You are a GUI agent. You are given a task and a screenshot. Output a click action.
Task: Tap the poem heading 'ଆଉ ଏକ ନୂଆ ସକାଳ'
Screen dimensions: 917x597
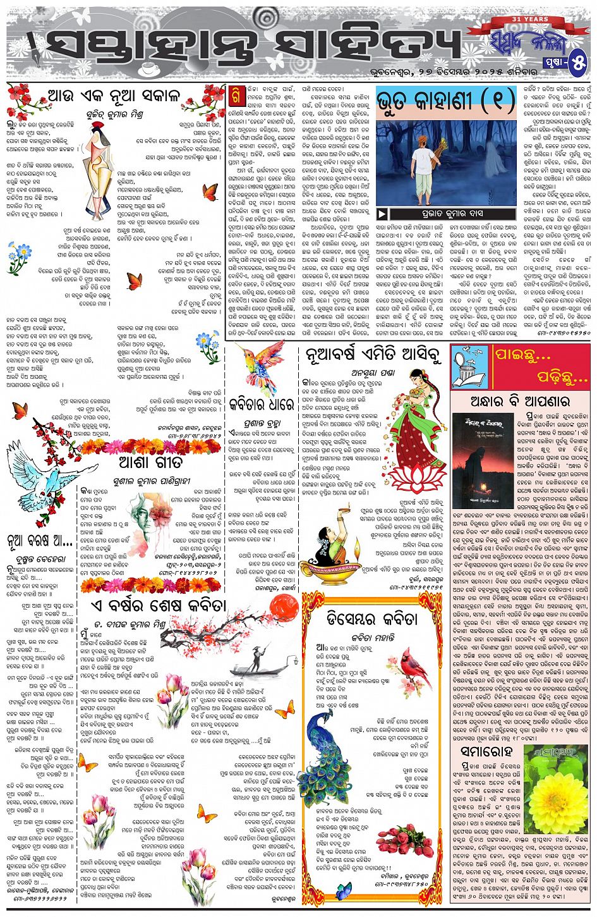point(114,96)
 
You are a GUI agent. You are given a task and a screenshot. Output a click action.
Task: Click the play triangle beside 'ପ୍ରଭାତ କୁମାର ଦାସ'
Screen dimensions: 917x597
point(382,213)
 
